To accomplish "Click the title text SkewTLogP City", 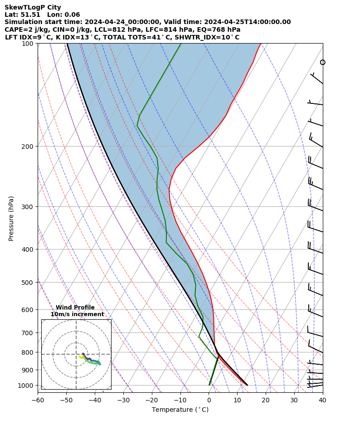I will pos(33,7).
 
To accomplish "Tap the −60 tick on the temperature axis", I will pos(38,400).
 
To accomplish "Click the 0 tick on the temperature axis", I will pos(209,400).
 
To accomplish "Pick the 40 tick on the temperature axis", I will pos(323,400).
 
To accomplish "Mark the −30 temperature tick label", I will pos(123,400).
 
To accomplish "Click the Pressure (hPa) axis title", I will pos(11,218).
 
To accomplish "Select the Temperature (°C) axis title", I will pos(180,410).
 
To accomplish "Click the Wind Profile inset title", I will pos(75,308).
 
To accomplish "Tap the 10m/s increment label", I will pos(77,314).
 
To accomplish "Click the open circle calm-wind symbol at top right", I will pos(323,62).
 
